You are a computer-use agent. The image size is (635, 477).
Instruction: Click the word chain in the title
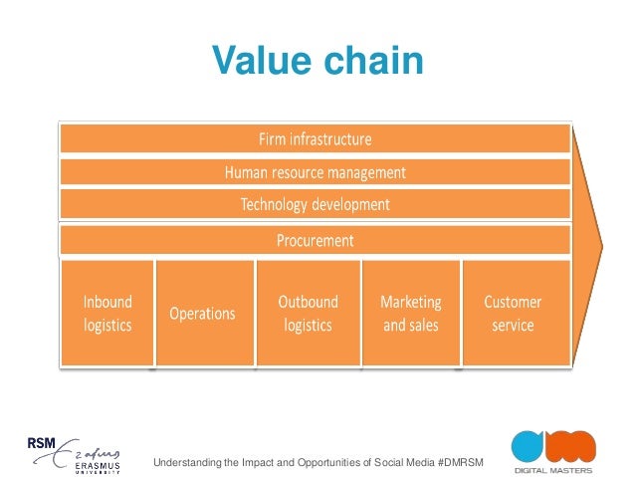[x=373, y=61]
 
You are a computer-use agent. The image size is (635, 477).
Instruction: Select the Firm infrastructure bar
[x=316, y=138]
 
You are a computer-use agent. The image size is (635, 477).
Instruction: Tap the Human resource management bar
[x=316, y=172]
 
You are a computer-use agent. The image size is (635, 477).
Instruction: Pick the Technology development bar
[x=316, y=205]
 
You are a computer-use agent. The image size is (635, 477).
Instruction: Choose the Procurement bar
[x=316, y=240]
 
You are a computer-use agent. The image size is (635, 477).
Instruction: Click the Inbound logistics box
[x=107, y=313]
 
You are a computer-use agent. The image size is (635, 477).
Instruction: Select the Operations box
[x=203, y=313]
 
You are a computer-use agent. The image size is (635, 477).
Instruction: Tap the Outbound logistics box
[x=308, y=313]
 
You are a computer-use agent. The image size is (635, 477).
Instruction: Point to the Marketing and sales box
[x=411, y=313]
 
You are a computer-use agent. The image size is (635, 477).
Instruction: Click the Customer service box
[x=514, y=313]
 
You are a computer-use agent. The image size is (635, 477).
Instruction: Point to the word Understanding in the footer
[x=186, y=462]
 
